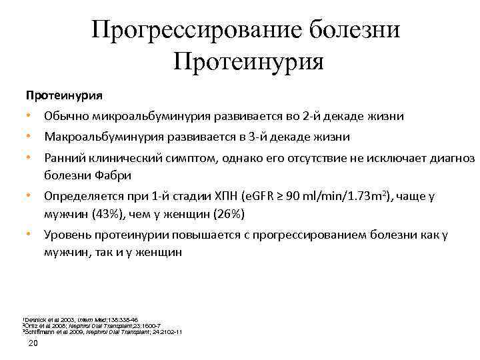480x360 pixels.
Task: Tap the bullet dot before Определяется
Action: tap(29, 196)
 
